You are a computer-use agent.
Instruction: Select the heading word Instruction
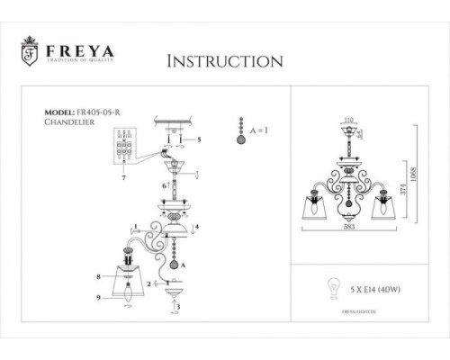coord(225,61)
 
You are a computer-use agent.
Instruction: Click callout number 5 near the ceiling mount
coord(200,139)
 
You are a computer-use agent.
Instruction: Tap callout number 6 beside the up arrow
coord(162,184)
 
